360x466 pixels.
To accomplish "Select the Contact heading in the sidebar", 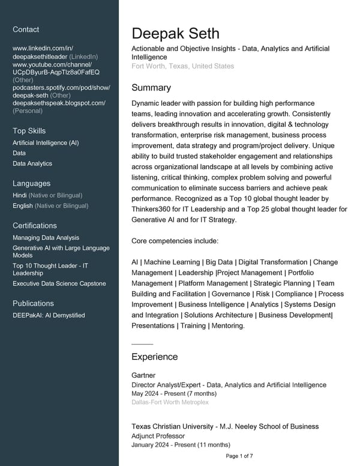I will point(26,29).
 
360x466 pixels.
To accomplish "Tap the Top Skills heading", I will point(29,131).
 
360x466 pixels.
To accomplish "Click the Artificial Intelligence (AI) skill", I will point(46,143).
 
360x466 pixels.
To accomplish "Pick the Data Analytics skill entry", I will point(32,163).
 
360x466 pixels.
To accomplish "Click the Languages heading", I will point(31,184).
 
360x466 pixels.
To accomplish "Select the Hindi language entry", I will point(20,195).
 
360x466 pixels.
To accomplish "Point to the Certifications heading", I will point(35,226).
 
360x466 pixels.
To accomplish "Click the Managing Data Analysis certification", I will point(46,238).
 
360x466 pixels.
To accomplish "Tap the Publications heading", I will point(33,303).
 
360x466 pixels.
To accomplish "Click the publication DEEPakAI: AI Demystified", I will point(49,315).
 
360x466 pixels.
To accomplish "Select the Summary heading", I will point(151,88).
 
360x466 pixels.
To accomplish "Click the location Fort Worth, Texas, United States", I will point(182,66).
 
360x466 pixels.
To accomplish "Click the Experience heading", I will point(154,357).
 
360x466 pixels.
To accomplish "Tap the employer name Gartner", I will point(143,375).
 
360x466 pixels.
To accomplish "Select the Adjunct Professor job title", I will point(158,436).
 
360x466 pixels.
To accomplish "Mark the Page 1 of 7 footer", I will point(239,456).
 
